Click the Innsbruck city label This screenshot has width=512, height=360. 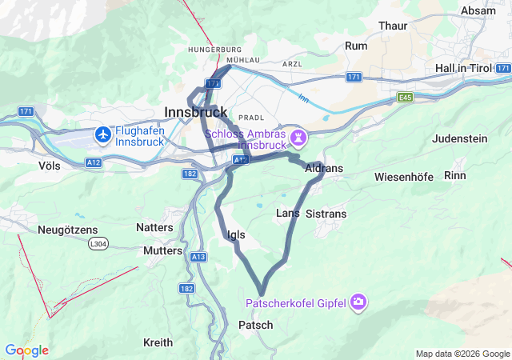click(x=195, y=112)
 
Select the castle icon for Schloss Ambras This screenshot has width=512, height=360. click(x=298, y=138)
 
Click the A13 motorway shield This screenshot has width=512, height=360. click(x=199, y=256)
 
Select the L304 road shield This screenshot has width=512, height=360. click(x=98, y=243)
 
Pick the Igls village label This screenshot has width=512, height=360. click(x=236, y=234)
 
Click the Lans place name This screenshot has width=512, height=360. click(x=287, y=213)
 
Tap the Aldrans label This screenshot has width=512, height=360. click(x=324, y=169)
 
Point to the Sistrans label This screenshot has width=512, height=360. click(x=326, y=214)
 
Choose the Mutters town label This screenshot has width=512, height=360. click(x=163, y=250)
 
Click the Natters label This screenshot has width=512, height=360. click(x=154, y=227)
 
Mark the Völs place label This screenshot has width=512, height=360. click(x=49, y=165)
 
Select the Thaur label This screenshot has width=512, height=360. click(x=393, y=26)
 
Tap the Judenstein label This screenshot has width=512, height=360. click(x=459, y=138)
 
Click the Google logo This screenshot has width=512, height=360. click(x=26, y=350)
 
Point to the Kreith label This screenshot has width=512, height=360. click(x=158, y=342)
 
